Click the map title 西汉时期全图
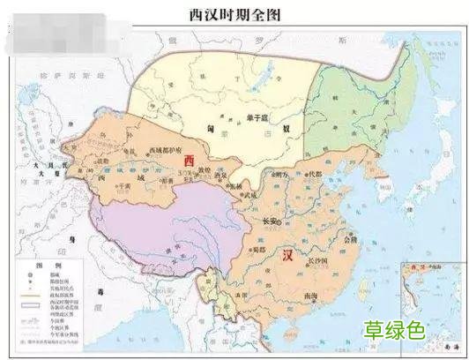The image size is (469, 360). tap(234, 14)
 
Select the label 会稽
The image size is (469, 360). tap(354, 238)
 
